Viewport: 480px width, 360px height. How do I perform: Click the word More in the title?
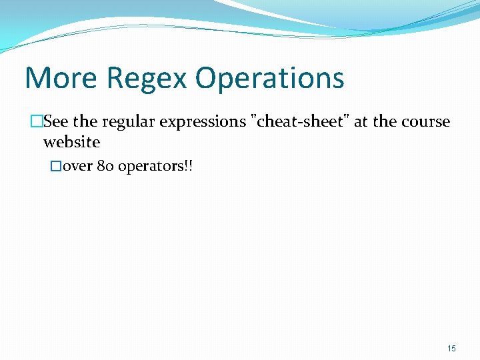(61, 77)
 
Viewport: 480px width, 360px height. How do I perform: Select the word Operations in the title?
(270, 79)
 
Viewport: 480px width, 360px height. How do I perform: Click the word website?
(71, 142)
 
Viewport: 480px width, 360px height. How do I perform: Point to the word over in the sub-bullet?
(77, 166)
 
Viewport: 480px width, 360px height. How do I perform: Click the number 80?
(105, 166)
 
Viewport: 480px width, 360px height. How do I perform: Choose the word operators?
(150, 167)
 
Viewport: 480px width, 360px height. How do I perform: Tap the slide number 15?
(451, 349)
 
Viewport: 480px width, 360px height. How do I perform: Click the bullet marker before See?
(37, 122)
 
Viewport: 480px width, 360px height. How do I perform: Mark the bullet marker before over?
(56, 166)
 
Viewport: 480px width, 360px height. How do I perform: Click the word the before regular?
(85, 122)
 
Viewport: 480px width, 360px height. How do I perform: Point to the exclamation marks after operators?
(188, 166)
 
